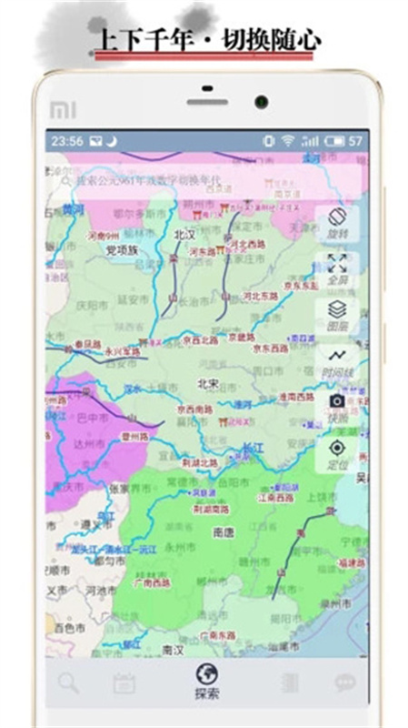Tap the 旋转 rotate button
[337, 222]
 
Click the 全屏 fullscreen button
[337, 270]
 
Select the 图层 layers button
[337, 315]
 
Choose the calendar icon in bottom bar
[124, 683]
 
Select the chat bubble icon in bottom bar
[344, 682]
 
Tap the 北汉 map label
[184, 235]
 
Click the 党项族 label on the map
[121, 250]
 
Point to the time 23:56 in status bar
[67, 141]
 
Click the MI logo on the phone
[63, 109]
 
